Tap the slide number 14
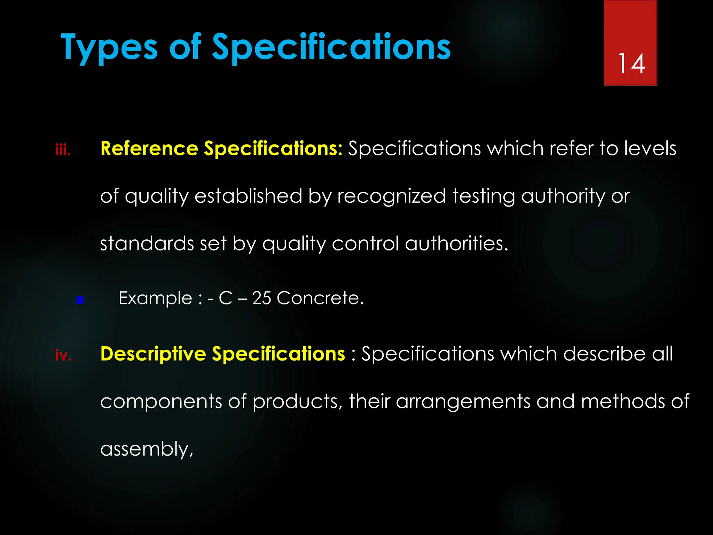(631, 64)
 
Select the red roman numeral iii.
(63, 150)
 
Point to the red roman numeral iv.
(63, 355)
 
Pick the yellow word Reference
(149, 149)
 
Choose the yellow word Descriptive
(153, 354)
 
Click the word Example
(155, 298)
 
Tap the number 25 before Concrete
(261, 298)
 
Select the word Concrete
(320, 298)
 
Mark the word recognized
(391, 196)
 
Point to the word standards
(147, 243)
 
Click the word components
(161, 402)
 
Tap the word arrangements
(463, 402)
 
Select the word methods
(623, 402)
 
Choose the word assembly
(147, 449)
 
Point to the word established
(248, 196)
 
